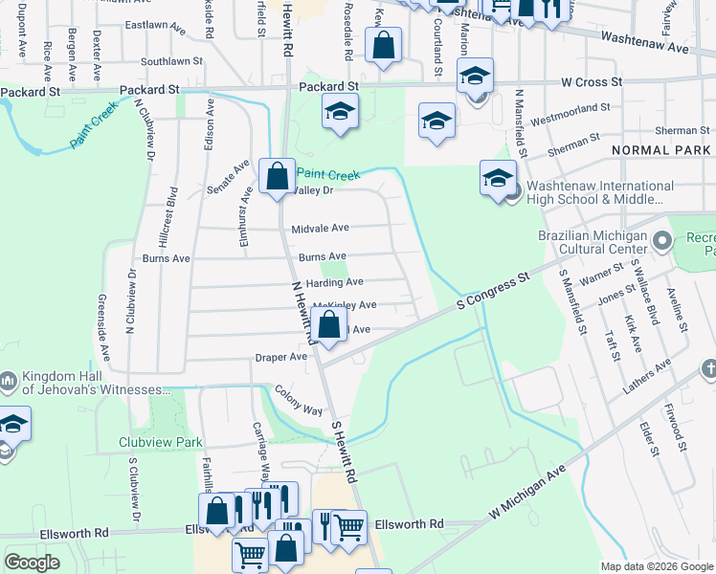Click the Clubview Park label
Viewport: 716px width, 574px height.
161,443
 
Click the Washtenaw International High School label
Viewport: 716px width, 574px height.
593,192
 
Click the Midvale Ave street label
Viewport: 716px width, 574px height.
321,228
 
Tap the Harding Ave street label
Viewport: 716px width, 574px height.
334,282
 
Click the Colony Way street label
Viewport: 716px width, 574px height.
299,399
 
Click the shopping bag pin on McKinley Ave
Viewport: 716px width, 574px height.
329,325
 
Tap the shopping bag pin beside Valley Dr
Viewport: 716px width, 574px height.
278,177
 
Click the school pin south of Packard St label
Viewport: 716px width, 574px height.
339,113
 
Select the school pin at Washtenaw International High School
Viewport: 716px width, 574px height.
498,178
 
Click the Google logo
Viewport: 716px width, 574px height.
33,563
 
